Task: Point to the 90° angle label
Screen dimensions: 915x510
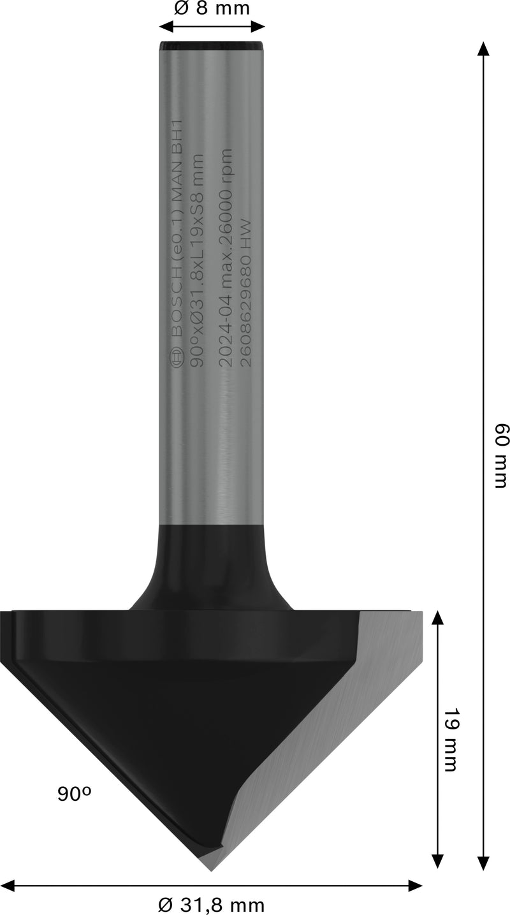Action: pyautogui.click(x=75, y=794)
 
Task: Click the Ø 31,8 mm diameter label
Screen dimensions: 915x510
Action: pyautogui.click(x=211, y=904)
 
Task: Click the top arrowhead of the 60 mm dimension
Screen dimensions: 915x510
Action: pyautogui.click(x=483, y=48)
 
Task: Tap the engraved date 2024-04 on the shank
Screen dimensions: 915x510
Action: pyautogui.click(x=226, y=341)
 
